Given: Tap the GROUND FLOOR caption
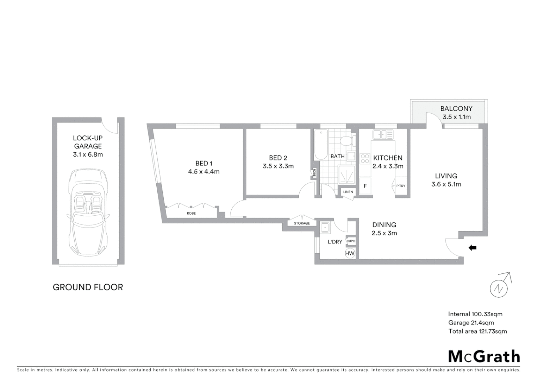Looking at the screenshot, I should click(x=88, y=287).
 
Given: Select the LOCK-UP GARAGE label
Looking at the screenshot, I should click(x=88, y=142).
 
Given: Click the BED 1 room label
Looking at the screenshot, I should click(x=204, y=163).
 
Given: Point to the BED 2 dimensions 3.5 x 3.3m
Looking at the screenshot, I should click(x=278, y=166).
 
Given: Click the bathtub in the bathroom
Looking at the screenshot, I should click(x=321, y=145).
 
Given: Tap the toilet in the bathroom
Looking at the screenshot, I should click(x=346, y=141).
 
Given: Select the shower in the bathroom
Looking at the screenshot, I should click(x=347, y=175).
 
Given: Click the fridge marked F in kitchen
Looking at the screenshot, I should click(x=365, y=186).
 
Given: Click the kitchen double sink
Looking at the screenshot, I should click(x=383, y=134).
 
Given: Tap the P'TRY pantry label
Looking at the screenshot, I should click(x=401, y=186).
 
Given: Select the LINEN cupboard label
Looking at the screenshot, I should click(x=348, y=192).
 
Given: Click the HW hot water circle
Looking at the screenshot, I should click(x=350, y=253).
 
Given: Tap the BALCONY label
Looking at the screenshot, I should click(x=456, y=109).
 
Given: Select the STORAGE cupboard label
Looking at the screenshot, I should click(x=302, y=223).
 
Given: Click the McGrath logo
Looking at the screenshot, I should click(x=484, y=356).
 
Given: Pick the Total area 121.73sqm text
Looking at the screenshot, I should click(x=477, y=331).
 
